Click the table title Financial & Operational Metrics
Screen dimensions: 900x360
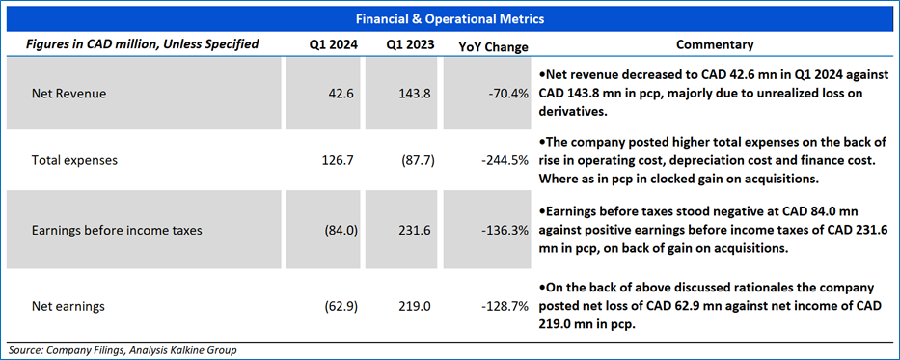click(x=450, y=19)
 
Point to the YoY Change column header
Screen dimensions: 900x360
click(x=493, y=47)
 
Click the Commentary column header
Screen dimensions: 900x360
click(x=715, y=44)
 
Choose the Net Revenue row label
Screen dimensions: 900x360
click(x=68, y=94)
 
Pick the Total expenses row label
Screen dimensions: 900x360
click(x=74, y=161)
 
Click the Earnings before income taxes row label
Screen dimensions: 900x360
click(x=117, y=231)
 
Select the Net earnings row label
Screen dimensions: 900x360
click(x=68, y=307)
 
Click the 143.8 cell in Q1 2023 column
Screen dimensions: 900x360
click(x=418, y=94)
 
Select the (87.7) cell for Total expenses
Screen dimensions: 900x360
click(x=419, y=161)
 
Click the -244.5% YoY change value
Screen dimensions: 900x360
click(x=505, y=161)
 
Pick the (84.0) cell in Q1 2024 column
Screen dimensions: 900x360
click(x=342, y=231)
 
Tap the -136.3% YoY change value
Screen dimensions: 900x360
click(x=505, y=231)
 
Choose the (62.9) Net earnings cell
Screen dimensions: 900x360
click(x=342, y=307)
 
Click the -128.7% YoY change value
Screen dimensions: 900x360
click(x=505, y=307)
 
